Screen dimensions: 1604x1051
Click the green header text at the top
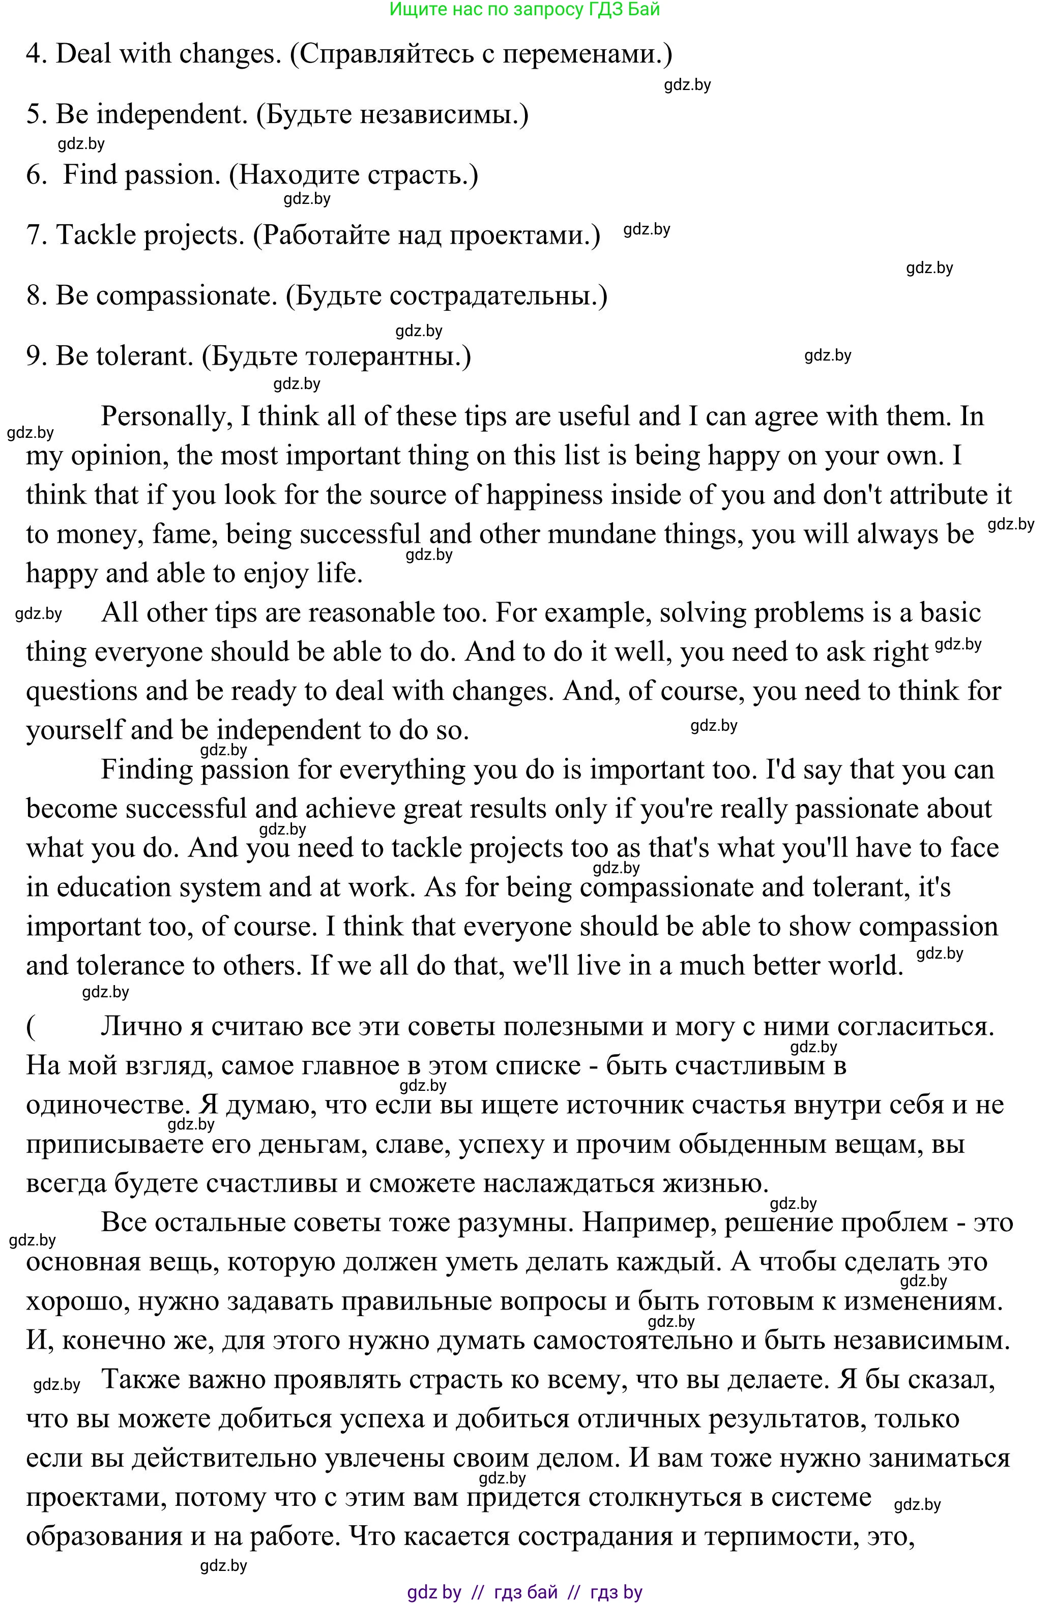click(524, 10)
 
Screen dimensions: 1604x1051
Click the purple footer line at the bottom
click(524, 1592)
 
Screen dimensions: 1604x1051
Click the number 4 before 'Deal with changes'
click(34, 54)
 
